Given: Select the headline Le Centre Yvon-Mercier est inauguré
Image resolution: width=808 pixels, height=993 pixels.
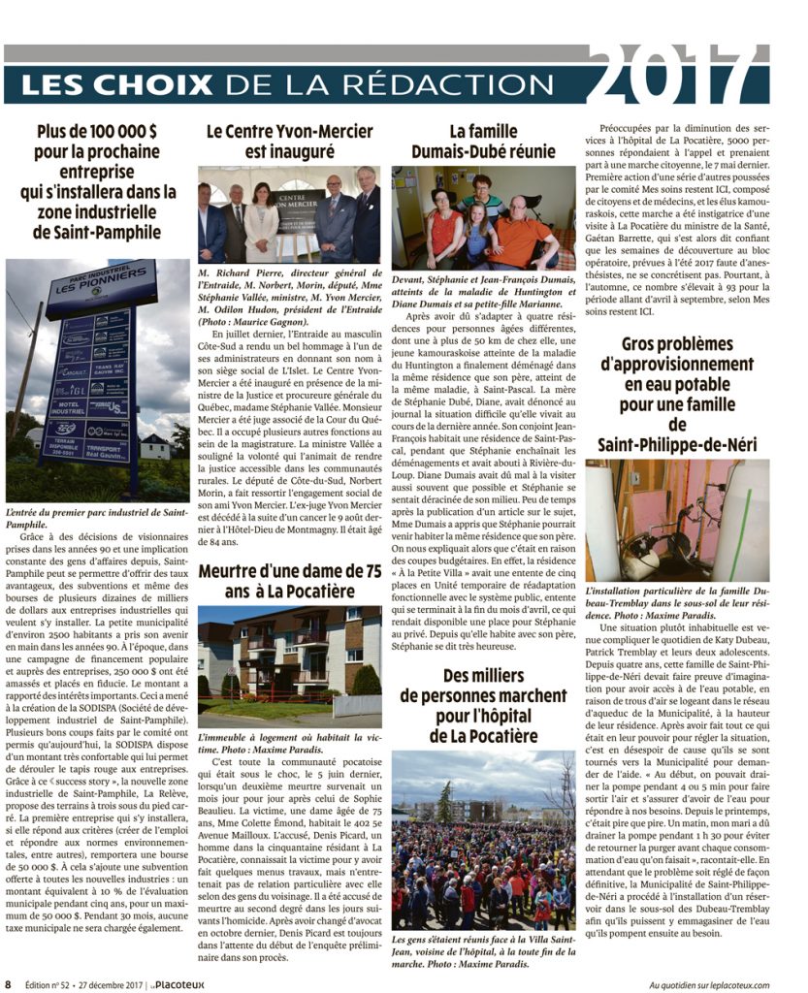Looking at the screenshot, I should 289,141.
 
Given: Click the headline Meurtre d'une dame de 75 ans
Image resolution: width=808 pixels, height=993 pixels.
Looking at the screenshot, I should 289,581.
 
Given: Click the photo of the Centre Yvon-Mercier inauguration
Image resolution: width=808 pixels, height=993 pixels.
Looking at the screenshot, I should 289,214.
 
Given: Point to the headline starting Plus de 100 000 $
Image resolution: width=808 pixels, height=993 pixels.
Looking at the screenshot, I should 98,182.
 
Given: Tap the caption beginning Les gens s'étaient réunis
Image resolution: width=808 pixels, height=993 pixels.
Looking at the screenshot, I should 482,953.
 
